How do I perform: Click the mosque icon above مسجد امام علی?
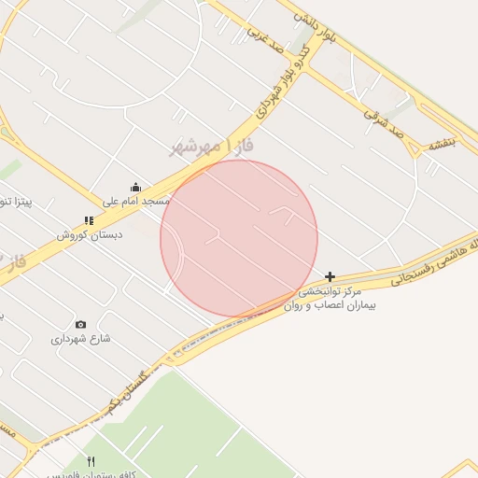tap(136, 186)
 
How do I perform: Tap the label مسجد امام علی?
tap(136, 201)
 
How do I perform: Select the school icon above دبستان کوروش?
tap(89, 221)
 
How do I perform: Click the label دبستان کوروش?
tap(89, 235)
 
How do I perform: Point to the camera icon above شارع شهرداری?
tap(80, 324)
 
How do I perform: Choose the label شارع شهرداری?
tap(80, 338)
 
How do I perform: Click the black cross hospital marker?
tap(330, 276)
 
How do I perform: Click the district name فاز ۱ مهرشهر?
tap(214, 146)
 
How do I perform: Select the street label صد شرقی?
tap(383, 121)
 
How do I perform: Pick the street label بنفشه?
tap(440, 143)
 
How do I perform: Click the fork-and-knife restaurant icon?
tap(91, 461)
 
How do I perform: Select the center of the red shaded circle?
tap(239, 238)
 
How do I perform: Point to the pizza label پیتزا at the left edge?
tap(18, 202)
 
